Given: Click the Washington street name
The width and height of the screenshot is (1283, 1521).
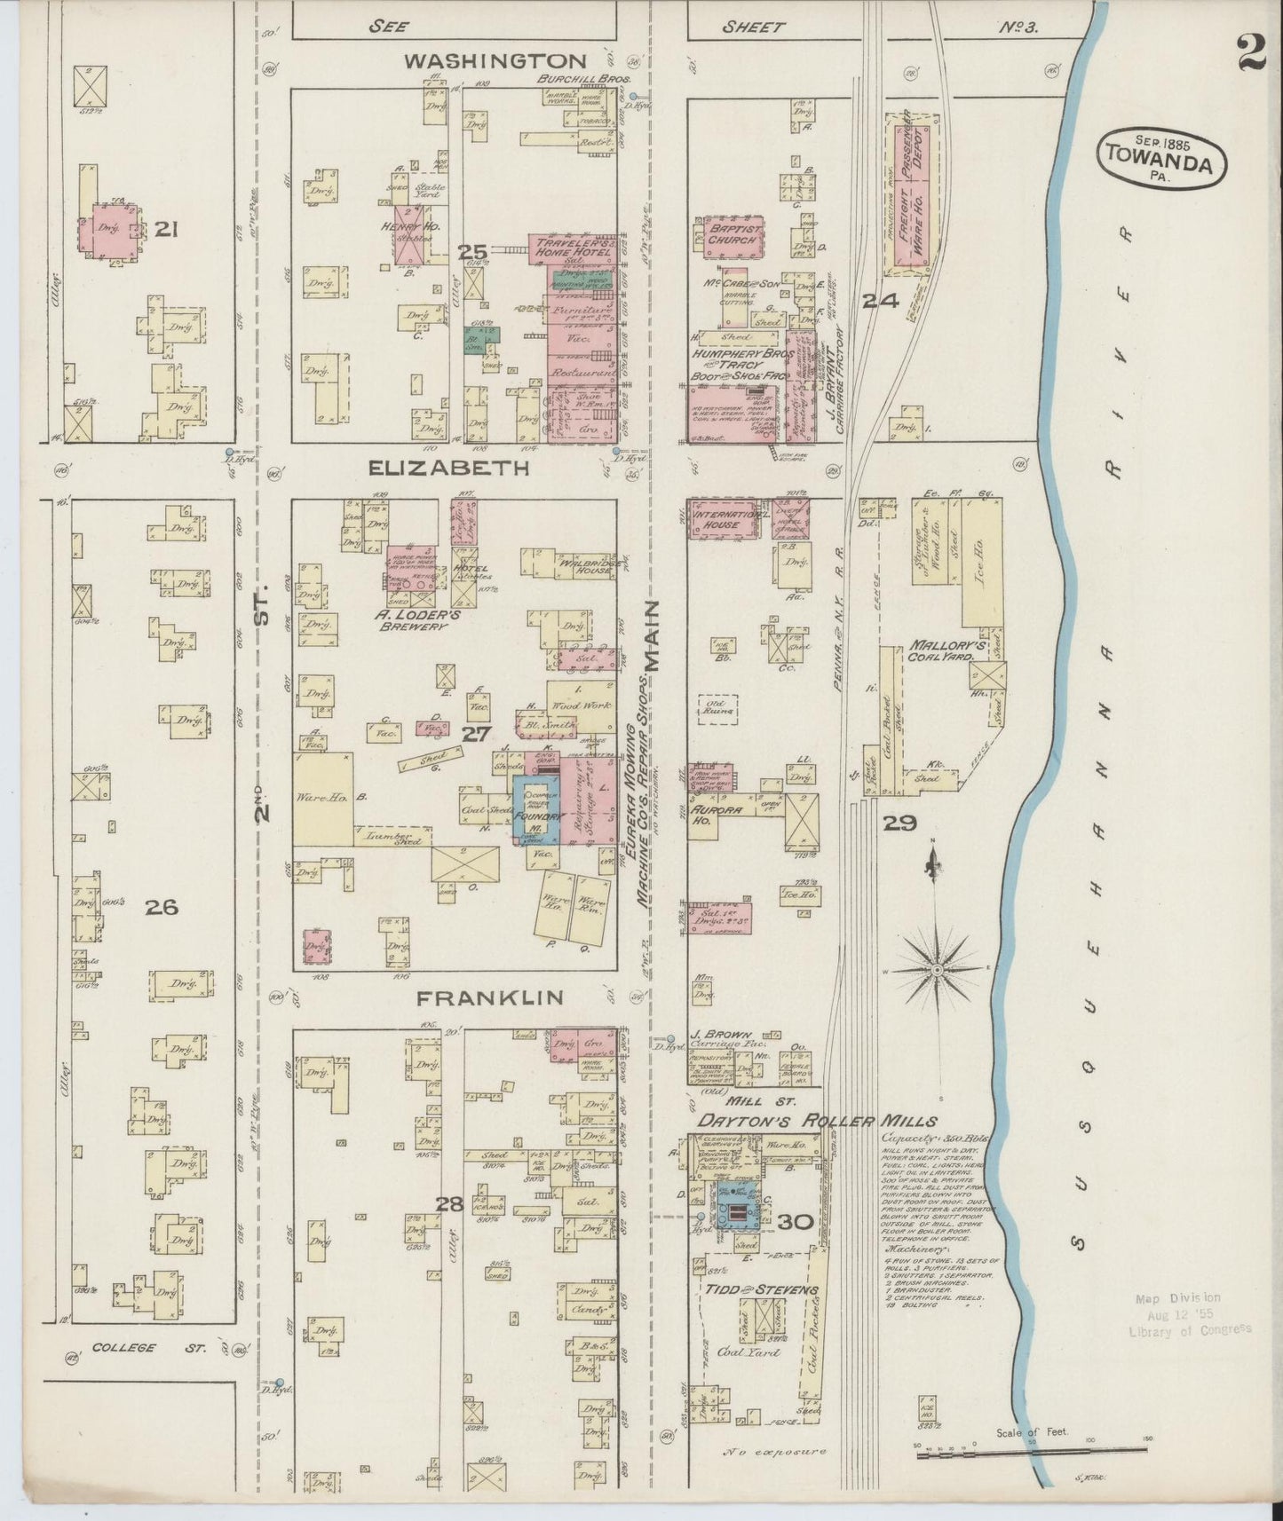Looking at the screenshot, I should [x=495, y=61].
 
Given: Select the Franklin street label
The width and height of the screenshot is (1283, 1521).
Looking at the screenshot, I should [x=490, y=997].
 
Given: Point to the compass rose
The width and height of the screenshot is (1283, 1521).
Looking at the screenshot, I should [x=936, y=970].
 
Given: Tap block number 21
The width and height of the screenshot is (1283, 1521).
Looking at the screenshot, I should [x=168, y=230].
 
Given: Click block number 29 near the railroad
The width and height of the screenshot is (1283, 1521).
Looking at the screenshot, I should [x=899, y=824].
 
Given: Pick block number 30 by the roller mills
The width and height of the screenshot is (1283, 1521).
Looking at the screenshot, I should [x=796, y=1222].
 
